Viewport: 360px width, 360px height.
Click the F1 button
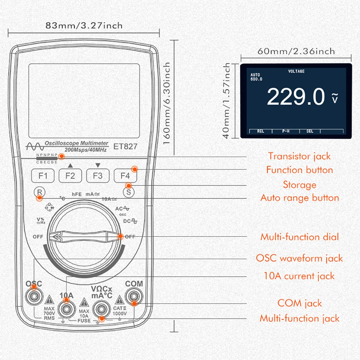pyautogui.click(x=43, y=176)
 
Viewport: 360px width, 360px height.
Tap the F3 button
pyautogui.click(x=98, y=176)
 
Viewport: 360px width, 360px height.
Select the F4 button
pyautogui.click(x=125, y=176)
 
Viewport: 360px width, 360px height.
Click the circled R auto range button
pyautogui.click(x=38, y=192)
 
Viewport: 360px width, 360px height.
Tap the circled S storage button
pyautogui.click(x=128, y=192)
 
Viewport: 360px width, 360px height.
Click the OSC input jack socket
pyautogui.click(x=34, y=296)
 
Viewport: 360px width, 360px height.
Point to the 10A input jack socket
pyautogui.click(x=66, y=309)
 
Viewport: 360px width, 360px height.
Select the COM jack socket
pyautogui.click(x=134, y=296)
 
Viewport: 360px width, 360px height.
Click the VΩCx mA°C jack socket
pyautogui.click(x=102, y=309)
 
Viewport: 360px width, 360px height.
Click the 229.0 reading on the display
pyautogui.click(x=296, y=97)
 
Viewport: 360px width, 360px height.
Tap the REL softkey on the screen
pyautogui.click(x=261, y=131)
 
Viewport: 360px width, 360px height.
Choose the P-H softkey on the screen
pyautogui.click(x=286, y=131)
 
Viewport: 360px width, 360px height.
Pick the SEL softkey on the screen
pyautogui.click(x=310, y=131)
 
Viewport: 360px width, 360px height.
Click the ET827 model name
pyautogui.click(x=126, y=147)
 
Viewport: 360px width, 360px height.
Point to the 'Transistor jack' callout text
pyautogui.click(x=299, y=156)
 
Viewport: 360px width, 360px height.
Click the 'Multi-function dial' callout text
pyautogui.click(x=299, y=237)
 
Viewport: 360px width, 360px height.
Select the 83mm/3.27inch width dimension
pyautogui.click(x=84, y=26)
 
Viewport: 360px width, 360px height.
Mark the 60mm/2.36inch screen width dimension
pyautogui.click(x=296, y=51)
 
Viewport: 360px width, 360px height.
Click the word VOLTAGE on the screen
pyautogui.click(x=296, y=72)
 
